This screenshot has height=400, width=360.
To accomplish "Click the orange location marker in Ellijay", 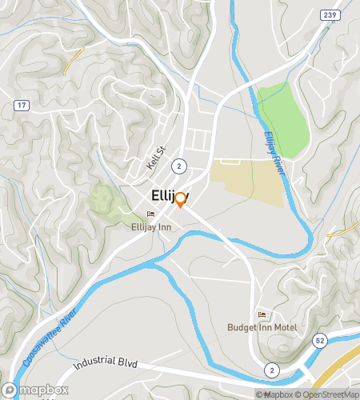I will (181, 199).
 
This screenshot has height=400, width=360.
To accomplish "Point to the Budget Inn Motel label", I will (264, 327).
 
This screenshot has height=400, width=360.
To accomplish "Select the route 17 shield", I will (21, 105).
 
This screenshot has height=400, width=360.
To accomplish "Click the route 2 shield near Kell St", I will (181, 165).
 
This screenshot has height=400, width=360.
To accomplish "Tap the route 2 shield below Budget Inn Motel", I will (273, 369).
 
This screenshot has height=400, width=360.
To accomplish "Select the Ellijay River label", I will (274, 152).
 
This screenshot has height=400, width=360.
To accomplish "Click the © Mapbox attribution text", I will (274, 394).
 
